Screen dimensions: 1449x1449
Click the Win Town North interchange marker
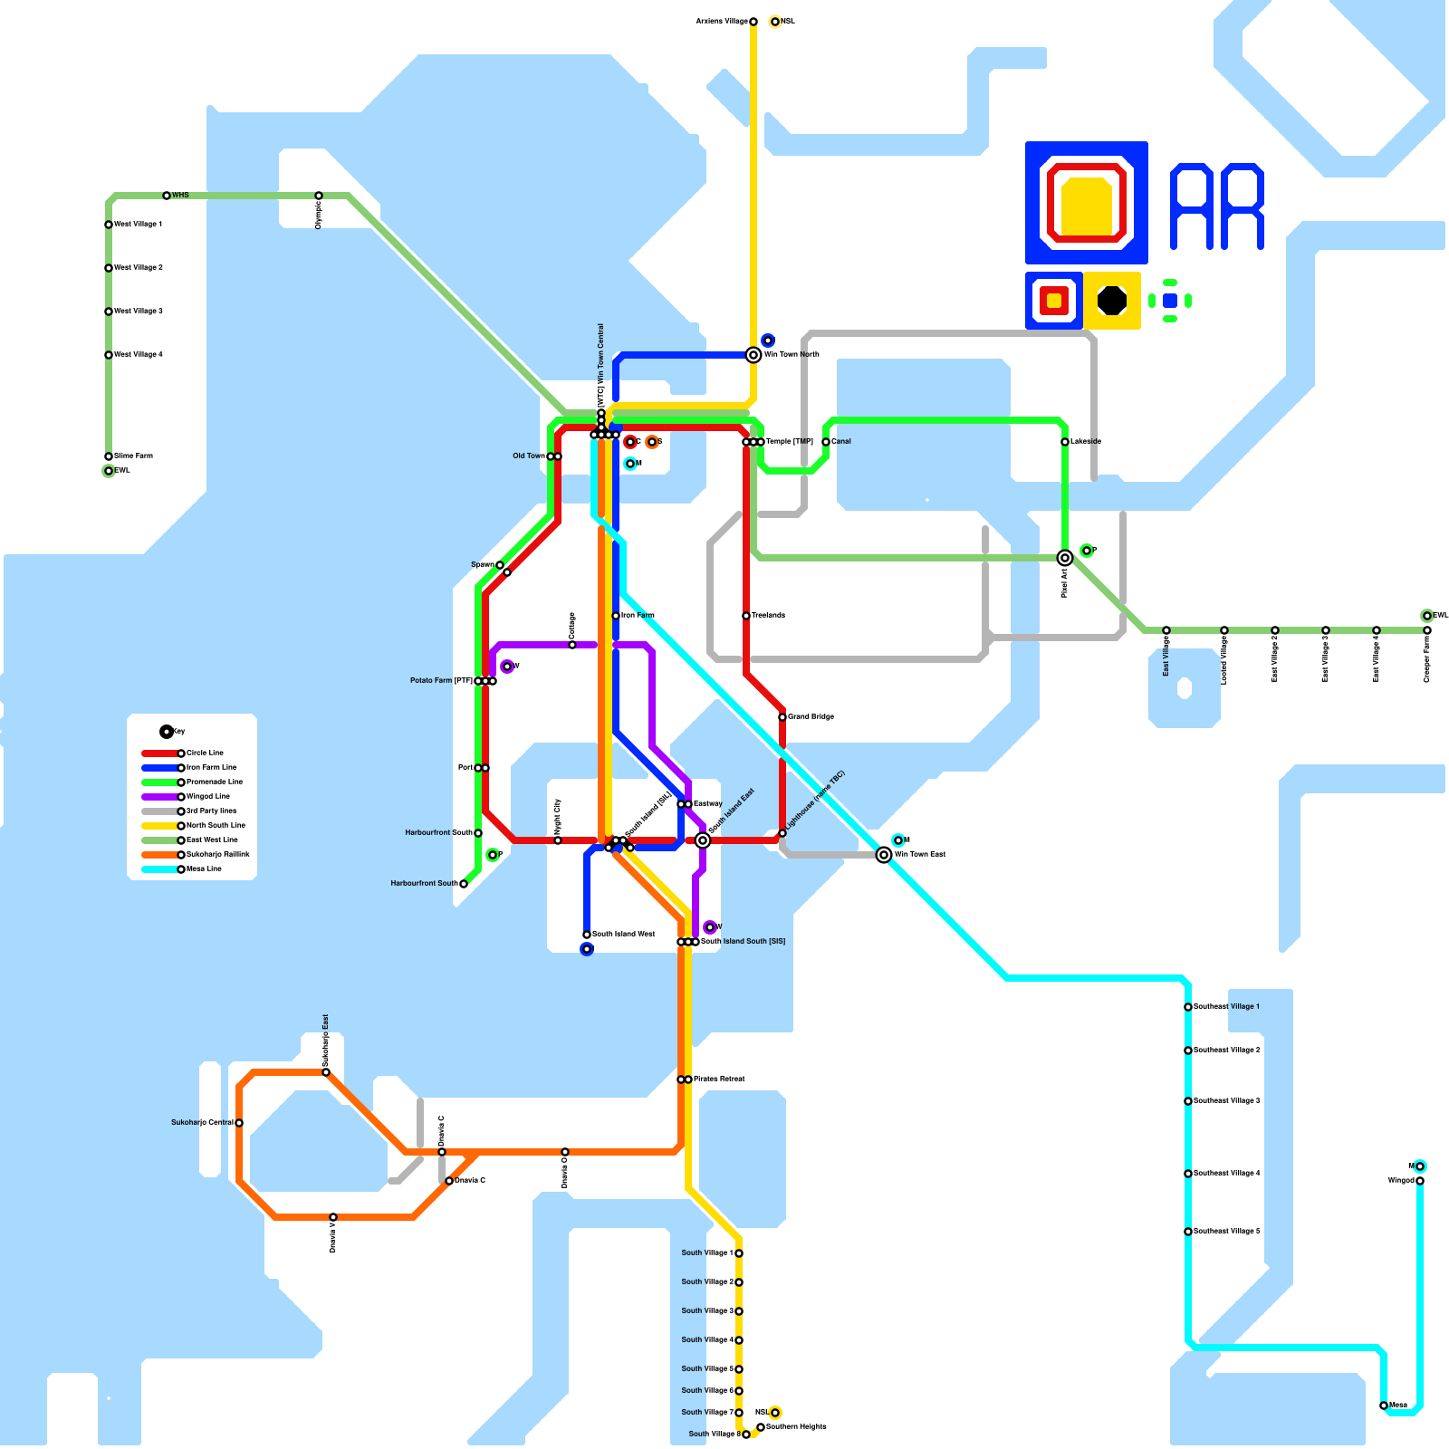[753, 355]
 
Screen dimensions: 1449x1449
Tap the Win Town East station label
[920, 854]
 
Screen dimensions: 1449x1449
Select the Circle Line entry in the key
[205, 753]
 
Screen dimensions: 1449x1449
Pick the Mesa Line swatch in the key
[159, 869]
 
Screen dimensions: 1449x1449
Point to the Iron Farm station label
[638, 615]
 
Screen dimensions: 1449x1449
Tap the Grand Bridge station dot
[782, 717]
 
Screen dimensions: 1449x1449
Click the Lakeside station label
[1086, 441]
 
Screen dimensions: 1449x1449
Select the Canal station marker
[826, 442]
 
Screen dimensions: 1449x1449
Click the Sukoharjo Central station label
[202, 1122]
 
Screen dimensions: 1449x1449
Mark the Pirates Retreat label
[719, 1079]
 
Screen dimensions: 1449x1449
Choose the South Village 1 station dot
[739, 1253]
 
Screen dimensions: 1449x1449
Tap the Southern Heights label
[796, 1426]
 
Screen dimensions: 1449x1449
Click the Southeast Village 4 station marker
[1188, 1174]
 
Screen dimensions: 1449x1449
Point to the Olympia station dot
[319, 196]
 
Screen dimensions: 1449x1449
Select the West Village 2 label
[139, 267]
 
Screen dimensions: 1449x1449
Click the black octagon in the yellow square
[1112, 301]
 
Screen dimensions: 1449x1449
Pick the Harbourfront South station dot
[464, 884]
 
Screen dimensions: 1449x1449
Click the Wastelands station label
[768, 615]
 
